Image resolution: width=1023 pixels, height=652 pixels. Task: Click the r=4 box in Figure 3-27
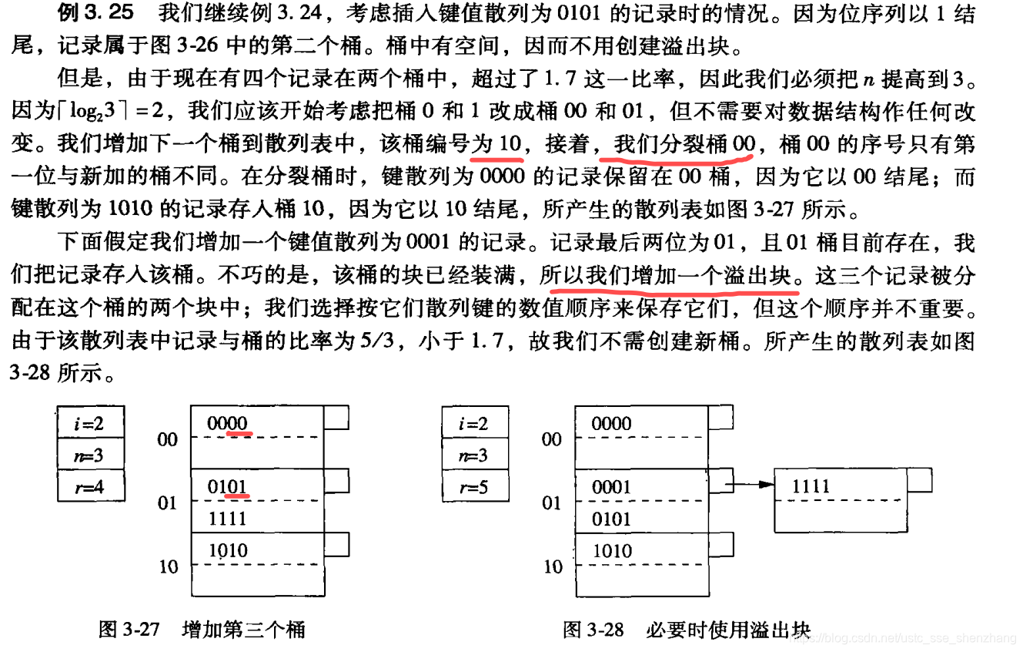(90, 486)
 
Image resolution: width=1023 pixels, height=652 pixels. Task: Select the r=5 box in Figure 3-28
(474, 486)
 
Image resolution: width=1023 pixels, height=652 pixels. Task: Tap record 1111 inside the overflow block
(811, 486)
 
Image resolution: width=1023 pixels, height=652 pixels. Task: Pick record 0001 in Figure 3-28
(611, 487)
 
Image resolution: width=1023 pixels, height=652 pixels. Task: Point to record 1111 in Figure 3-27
(227, 519)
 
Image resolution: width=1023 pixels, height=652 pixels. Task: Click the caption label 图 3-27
(129, 629)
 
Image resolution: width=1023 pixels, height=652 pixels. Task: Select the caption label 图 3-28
(593, 629)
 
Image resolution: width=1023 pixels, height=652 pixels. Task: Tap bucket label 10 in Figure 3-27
(168, 567)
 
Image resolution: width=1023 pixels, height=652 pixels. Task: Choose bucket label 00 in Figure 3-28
(552, 439)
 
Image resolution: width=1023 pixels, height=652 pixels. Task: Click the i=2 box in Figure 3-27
(90, 423)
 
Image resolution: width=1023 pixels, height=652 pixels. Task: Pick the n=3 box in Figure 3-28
(474, 455)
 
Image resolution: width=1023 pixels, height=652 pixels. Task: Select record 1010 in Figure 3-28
(611, 551)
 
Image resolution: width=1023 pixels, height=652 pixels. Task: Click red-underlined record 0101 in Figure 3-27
(227, 487)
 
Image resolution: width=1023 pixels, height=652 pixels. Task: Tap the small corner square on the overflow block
(919, 479)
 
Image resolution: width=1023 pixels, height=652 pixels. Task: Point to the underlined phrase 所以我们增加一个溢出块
(670, 276)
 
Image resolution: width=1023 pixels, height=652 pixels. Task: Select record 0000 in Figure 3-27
(227, 423)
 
